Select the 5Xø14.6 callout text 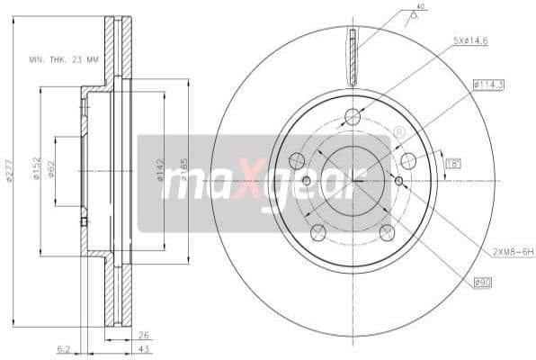470,40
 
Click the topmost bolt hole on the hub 353,117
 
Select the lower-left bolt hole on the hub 317,233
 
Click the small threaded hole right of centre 398,181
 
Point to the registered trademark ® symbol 398,132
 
